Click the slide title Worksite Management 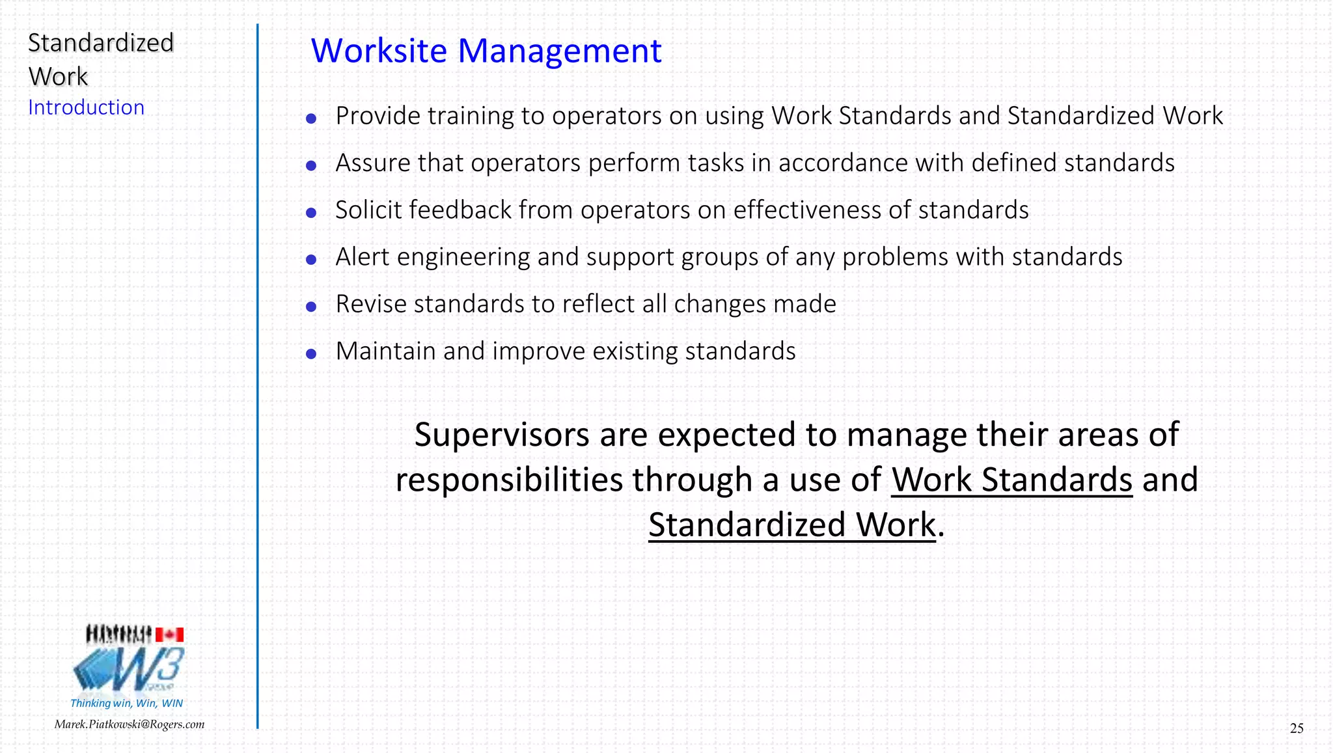[x=486, y=51]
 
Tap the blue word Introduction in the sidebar [x=86, y=107]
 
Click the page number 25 [x=1296, y=728]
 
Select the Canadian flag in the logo [x=169, y=635]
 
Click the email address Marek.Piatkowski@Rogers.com [x=129, y=724]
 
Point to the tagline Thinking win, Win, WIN [x=126, y=703]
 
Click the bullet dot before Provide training [x=311, y=118]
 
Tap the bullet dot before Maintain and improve [x=311, y=354]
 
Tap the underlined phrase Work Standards [x=1011, y=480]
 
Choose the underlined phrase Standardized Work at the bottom [x=791, y=525]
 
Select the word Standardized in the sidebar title [x=101, y=43]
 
